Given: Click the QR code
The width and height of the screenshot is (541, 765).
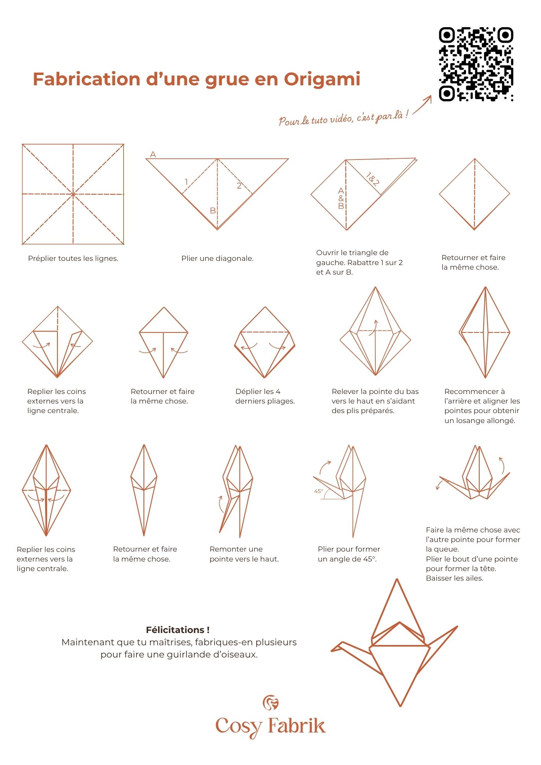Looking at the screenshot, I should [x=476, y=64].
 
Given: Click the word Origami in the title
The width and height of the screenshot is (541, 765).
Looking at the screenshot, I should [x=322, y=79].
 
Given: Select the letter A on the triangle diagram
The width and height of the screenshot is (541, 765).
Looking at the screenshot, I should [x=153, y=155].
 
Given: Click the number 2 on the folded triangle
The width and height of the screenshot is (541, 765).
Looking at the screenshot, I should [x=239, y=186].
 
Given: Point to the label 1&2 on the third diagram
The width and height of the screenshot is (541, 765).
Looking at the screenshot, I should [x=372, y=179].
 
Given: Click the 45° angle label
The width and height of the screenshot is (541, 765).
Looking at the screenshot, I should [x=318, y=491].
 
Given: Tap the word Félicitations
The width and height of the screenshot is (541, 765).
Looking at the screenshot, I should [x=178, y=630].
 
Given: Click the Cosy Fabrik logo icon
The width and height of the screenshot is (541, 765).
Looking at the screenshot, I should [x=270, y=703].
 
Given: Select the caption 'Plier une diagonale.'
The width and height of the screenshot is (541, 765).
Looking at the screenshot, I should [x=217, y=259].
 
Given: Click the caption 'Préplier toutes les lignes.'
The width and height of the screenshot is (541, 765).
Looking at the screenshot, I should [x=73, y=259].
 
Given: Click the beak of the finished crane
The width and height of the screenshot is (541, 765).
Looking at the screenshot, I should [x=334, y=649].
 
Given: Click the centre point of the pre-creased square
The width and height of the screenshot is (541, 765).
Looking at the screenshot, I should [x=73, y=194].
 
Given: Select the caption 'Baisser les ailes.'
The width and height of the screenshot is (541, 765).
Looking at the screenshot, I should [x=455, y=578].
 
